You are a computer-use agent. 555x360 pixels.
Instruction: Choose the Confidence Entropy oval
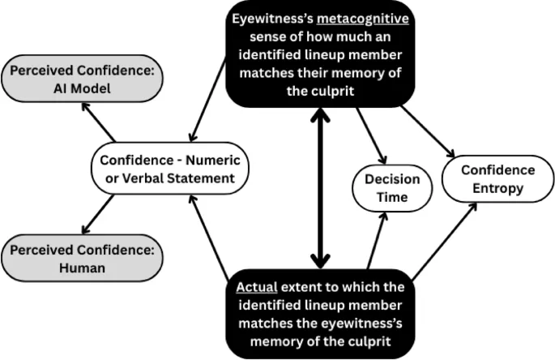[497, 179]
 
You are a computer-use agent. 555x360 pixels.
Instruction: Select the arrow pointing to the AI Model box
[102, 126]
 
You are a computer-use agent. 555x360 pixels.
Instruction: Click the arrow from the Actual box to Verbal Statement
[209, 235]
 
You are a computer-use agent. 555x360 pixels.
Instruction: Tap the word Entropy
[497, 188]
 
